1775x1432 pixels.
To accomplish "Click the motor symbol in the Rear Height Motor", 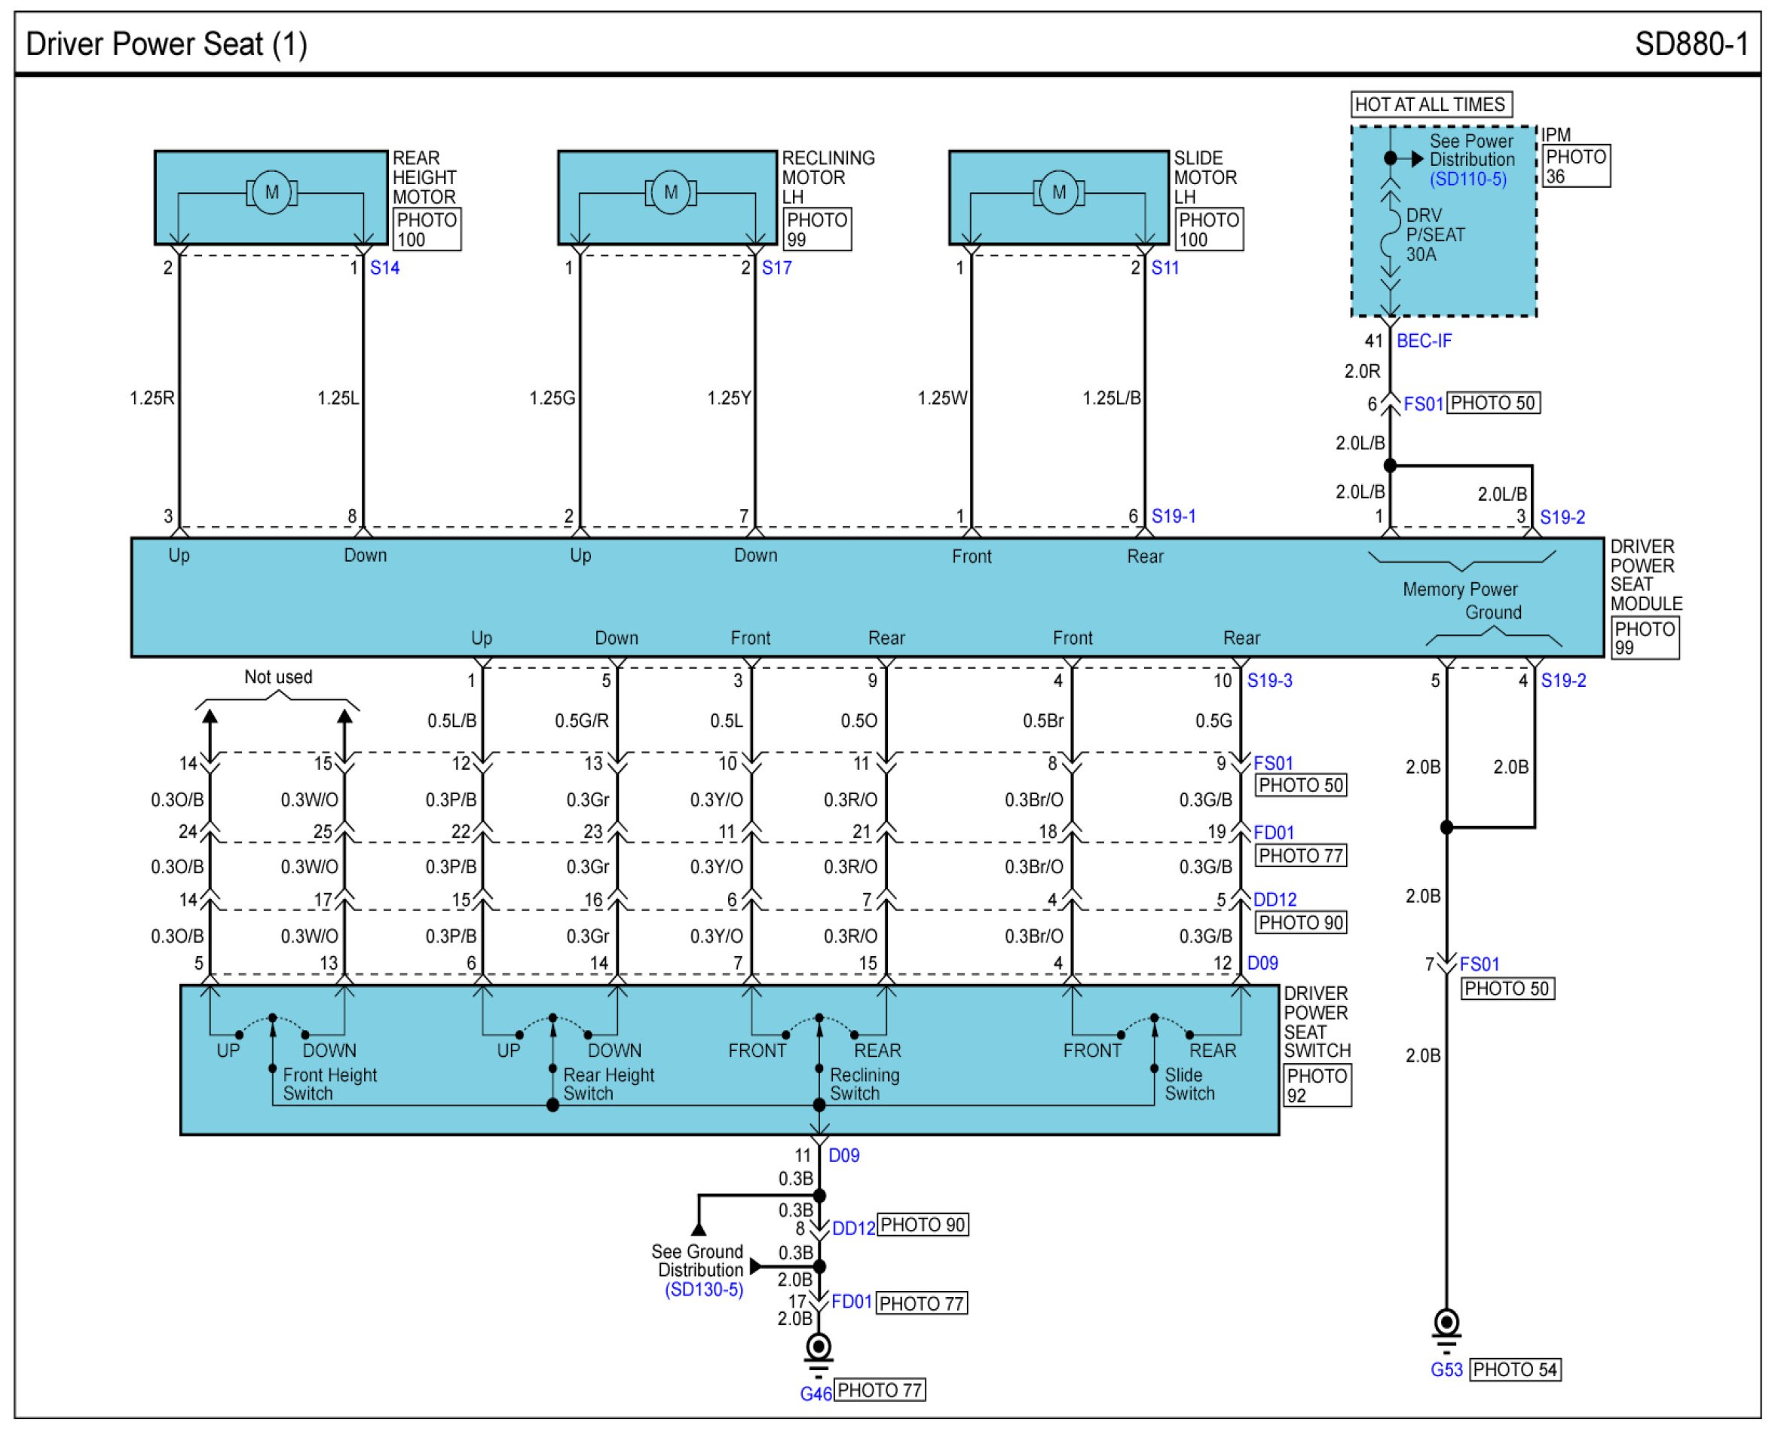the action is (271, 193).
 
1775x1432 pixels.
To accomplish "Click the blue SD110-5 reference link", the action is (1468, 179).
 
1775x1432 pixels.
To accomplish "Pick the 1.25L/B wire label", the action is (1111, 398).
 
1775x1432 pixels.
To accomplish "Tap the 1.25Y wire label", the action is (729, 398).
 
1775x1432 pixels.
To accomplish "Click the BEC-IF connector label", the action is (1424, 341).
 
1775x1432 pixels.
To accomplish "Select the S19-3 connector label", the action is (1269, 680).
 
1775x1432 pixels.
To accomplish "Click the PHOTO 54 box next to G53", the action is (1515, 1370).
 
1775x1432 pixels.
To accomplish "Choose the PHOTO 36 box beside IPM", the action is (1575, 166).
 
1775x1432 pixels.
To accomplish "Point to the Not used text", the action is (278, 677).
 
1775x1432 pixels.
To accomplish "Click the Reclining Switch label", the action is (864, 1084).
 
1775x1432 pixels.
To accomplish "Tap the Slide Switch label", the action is (1189, 1084).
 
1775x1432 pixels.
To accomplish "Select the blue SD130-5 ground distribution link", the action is (704, 1289).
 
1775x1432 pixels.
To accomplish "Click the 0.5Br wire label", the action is (1043, 721).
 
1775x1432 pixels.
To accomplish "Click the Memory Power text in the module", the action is (1459, 589).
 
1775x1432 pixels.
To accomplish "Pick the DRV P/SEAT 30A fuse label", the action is (1435, 235).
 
